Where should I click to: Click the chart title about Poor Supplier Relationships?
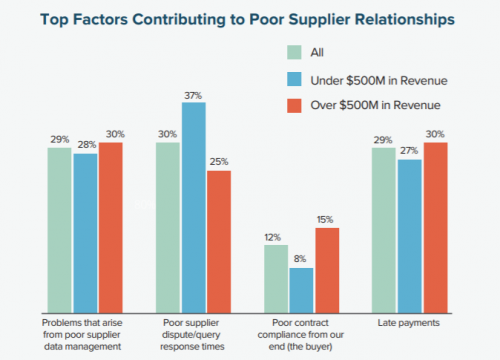click(x=250, y=19)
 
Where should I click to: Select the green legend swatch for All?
click(x=295, y=52)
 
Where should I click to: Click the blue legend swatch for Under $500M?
click(x=295, y=80)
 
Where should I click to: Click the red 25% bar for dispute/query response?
click(x=218, y=241)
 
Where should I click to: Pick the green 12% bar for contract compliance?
click(x=275, y=278)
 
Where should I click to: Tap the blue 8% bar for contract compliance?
click(x=301, y=289)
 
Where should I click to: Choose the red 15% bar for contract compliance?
click(x=327, y=269)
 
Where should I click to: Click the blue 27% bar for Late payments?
click(x=410, y=235)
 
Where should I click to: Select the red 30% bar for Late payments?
click(x=436, y=227)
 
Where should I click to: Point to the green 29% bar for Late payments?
click(x=384, y=230)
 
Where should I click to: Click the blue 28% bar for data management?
click(x=84, y=232)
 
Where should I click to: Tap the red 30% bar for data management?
click(x=110, y=227)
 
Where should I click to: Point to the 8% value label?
click(x=301, y=259)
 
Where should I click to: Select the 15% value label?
click(x=327, y=219)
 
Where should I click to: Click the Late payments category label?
click(x=410, y=323)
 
